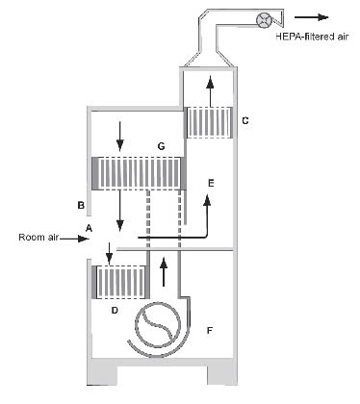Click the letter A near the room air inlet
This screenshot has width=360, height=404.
89,227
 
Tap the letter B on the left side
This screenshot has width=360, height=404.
82,205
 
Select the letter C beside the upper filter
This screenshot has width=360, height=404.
245,120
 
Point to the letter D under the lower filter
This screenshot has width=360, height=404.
116,311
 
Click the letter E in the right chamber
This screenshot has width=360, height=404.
211,182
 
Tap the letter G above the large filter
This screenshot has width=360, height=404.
163,146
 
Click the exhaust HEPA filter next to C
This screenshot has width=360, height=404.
209,123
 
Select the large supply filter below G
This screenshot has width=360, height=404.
137,173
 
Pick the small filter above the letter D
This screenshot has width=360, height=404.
118,284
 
